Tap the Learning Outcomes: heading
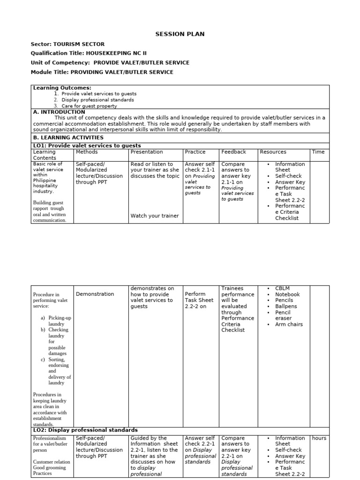[x=62, y=88]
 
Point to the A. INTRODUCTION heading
[x=59, y=112]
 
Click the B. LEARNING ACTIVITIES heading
[x=68, y=138]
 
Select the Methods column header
[x=87, y=152]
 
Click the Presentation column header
[x=147, y=152]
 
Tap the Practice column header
[x=195, y=152]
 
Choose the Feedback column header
[x=233, y=152]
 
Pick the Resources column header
[x=273, y=152]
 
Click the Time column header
[x=318, y=152]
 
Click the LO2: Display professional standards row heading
[x=85, y=430]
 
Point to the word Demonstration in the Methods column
[x=95, y=294]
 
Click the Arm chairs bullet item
[x=289, y=324]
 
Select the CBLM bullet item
[x=283, y=288]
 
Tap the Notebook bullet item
[x=287, y=294]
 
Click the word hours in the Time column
[x=319, y=438]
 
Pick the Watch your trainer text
[x=155, y=216]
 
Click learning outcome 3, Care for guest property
[x=89, y=106]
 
